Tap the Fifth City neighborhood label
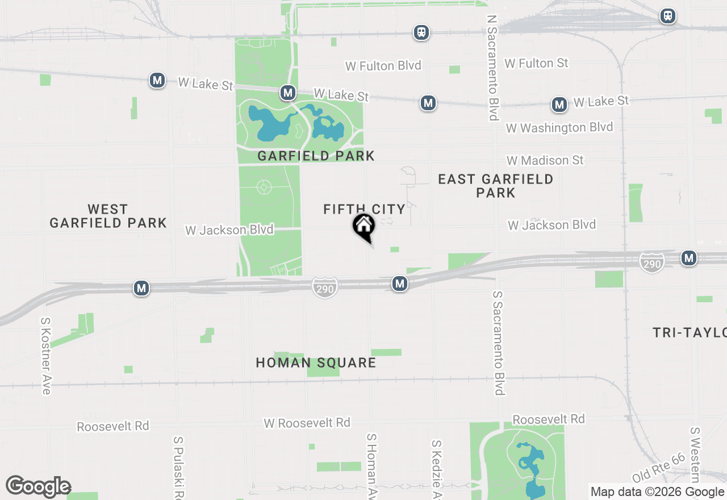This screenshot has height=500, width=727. pos(364,209)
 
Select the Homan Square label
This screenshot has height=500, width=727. pos(316,363)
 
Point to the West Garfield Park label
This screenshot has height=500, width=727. pos(108,216)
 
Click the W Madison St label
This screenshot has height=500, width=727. pos(545,161)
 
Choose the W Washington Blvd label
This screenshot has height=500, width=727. pos(559,127)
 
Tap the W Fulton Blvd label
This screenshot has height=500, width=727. pos(383,66)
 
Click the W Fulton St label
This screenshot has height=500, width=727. pos(536,63)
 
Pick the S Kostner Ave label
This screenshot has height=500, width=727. pos(46,355)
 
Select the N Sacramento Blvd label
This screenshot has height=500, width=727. pos(492,68)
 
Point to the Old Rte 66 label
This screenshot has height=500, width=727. pos(659,468)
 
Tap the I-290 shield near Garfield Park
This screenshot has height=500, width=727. pos(324,287)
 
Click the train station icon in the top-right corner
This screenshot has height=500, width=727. pos(668,16)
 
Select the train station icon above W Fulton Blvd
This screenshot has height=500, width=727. pos(421,32)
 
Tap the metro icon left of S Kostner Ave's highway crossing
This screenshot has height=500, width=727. pos(141,288)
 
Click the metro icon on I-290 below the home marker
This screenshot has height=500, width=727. pos(400,284)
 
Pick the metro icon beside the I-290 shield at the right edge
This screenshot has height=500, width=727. pos(689,258)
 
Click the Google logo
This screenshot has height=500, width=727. pos(38,486)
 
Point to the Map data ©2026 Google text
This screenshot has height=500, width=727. pos(657,492)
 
